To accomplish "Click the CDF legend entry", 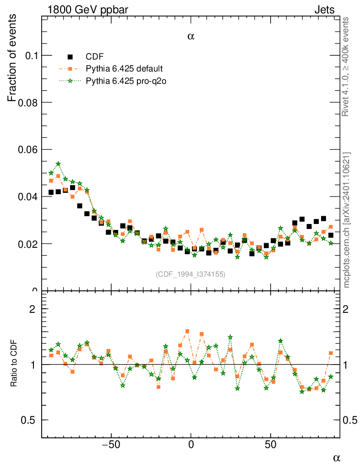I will tap(94, 57).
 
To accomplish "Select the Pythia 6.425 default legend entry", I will tap(124, 69).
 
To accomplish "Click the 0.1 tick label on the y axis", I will tap(28, 55).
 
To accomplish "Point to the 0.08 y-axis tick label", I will tap(26, 103).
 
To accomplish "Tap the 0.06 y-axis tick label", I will tap(26, 150).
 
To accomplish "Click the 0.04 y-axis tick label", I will tap(26, 197).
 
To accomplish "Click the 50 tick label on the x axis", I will tap(271, 444).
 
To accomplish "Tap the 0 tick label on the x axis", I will tap(191, 444).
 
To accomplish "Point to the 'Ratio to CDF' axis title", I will tap(14, 364).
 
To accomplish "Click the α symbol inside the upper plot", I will tap(191, 37).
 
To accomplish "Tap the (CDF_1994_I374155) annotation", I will tap(191, 274).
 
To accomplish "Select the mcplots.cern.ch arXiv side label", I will tap(347, 220).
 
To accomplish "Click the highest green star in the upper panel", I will tap(58, 164).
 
